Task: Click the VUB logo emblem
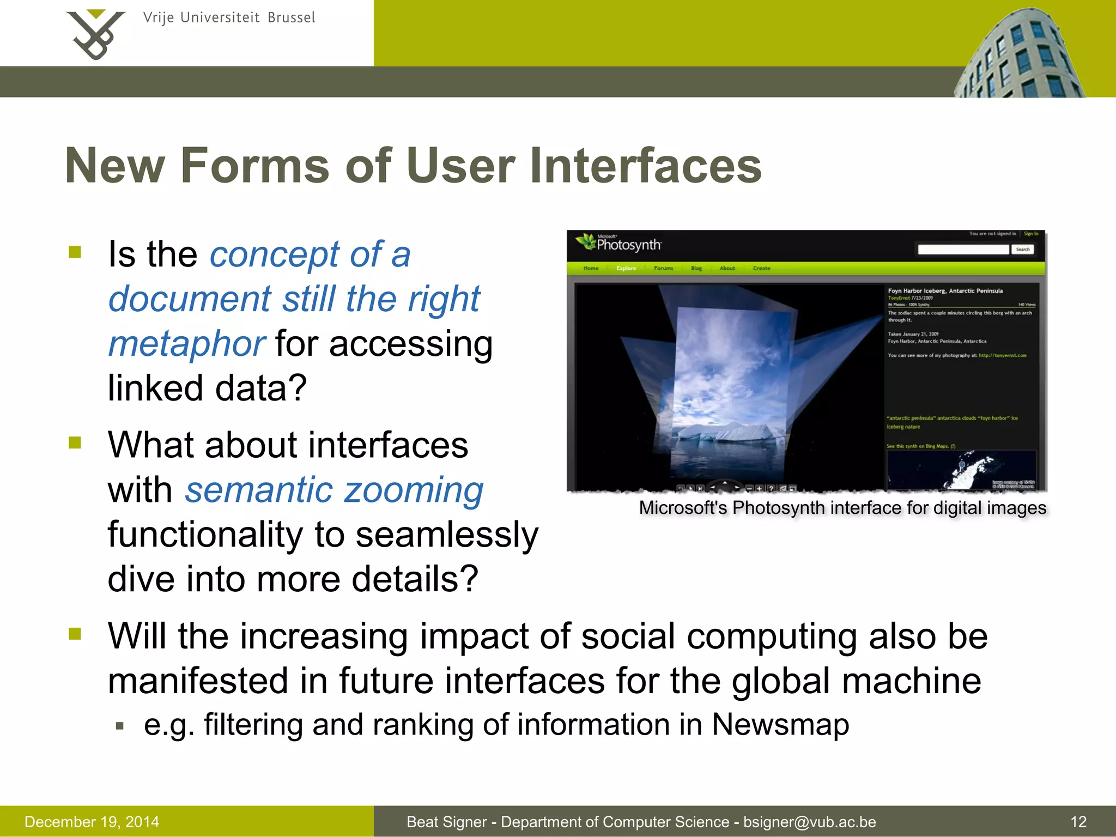click(x=95, y=34)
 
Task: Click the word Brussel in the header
click(x=291, y=18)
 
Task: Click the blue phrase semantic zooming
click(x=334, y=490)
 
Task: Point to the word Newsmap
click(x=780, y=725)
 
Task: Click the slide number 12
click(x=1078, y=822)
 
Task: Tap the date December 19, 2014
click(x=92, y=822)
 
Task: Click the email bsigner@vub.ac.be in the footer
click(x=809, y=822)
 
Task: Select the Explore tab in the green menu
click(x=626, y=268)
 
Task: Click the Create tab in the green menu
click(x=761, y=268)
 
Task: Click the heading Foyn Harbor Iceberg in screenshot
click(x=945, y=291)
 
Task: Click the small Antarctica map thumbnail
click(x=961, y=470)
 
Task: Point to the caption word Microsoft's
click(x=683, y=508)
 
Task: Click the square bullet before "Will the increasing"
click(x=75, y=634)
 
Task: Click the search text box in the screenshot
click(x=963, y=250)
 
